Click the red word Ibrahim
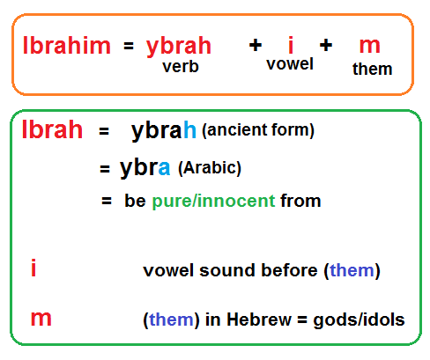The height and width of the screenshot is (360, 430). [67, 46]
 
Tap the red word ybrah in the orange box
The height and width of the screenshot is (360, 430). [179, 47]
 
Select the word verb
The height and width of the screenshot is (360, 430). [181, 67]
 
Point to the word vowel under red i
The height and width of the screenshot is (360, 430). [290, 63]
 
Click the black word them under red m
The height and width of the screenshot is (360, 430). [373, 69]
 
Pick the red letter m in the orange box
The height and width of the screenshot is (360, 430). [370, 47]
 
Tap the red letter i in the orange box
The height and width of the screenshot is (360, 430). [291, 45]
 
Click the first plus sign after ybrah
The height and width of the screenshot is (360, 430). [256, 45]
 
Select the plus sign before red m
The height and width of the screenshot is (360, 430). [326, 45]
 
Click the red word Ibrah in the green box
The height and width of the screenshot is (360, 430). [53, 129]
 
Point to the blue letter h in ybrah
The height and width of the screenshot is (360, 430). [189, 129]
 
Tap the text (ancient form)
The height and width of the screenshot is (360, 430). [258, 130]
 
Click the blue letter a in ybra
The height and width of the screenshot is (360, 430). [164, 168]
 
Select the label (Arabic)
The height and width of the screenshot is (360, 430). [210, 168]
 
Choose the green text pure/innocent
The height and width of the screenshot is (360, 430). [213, 201]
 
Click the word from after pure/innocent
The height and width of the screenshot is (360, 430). [300, 201]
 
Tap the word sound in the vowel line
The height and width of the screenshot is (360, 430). [227, 270]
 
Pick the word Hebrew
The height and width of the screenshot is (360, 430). [259, 320]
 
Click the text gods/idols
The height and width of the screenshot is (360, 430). [359, 320]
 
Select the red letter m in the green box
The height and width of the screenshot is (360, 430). [41, 319]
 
